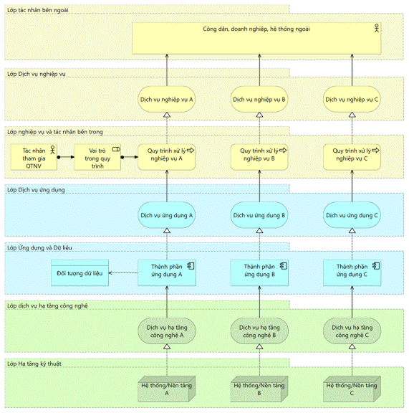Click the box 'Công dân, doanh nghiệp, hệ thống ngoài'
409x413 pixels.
tap(256, 39)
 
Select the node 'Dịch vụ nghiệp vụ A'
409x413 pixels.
tap(167, 99)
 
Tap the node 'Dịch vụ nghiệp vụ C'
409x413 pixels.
tap(352, 99)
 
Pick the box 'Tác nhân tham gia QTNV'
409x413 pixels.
tap(34, 157)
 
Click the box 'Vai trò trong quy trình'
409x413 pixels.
tap(97, 157)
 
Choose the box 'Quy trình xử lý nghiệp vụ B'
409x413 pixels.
tap(259, 157)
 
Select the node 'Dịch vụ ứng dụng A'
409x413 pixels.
tap(167, 215)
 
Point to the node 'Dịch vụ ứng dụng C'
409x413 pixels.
tap(352, 215)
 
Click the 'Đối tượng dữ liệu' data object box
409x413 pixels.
tap(80, 273)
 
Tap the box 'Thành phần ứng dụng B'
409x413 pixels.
tap(259, 273)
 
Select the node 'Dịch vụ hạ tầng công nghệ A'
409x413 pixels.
tap(167, 331)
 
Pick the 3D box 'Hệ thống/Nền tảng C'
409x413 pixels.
tap(352, 389)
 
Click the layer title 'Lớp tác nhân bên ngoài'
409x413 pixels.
tap(38, 10)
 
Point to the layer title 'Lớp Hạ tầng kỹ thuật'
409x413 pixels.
tap(34, 364)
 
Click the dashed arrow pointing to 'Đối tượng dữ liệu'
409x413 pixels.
tap(123, 273)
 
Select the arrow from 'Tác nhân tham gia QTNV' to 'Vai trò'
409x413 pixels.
tap(66, 157)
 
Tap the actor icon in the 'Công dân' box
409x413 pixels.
tap(377, 28)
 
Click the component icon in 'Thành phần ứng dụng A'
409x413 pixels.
tap(191, 266)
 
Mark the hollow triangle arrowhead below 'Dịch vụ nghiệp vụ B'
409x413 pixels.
tap(259, 115)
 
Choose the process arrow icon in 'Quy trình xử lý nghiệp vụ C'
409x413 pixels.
tap(376, 151)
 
